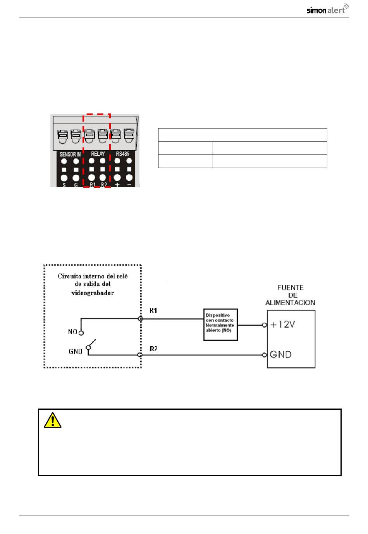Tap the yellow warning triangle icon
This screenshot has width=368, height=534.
pos(52,420)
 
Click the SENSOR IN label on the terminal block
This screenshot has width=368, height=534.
pos(70,154)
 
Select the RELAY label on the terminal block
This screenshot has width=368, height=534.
pos(98,154)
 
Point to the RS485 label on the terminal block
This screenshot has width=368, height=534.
pos(122,154)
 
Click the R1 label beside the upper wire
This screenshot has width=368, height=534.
pos(153,311)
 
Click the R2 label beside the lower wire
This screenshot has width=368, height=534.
pos(154,349)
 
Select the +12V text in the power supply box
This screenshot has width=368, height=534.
pos(283,324)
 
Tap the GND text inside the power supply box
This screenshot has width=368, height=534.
pos(281,354)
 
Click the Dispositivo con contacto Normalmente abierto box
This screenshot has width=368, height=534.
pos(220,325)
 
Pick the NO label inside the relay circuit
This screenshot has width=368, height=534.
pos(72,332)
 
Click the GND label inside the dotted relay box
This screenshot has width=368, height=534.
pos(76,351)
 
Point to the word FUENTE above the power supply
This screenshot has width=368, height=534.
pos(291,288)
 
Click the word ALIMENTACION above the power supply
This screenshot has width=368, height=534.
pos(290,303)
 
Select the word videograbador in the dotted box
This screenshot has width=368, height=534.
pos(93,293)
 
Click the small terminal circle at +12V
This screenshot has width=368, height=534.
pos(264,325)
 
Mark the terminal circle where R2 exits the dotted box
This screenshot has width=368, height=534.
pos(140,355)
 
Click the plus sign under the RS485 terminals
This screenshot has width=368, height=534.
pos(117,184)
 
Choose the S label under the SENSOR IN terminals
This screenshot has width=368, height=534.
pos(64,185)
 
